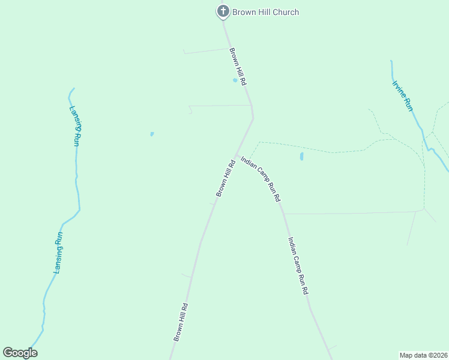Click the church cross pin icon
[223, 11]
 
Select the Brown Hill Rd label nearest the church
[238, 67]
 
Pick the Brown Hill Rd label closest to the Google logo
[181, 322]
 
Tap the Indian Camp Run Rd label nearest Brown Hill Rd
[261, 178]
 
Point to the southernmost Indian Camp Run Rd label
[298, 265]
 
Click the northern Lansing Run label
[74, 126]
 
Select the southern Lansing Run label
[58, 253]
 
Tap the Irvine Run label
[403, 95]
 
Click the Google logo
[20, 353]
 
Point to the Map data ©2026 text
[423, 355]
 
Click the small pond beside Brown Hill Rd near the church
[235, 80]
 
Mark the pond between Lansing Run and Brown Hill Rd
[152, 134]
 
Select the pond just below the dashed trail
[301, 157]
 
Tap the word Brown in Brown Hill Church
[243, 12]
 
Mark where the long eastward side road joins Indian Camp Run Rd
[283, 214]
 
